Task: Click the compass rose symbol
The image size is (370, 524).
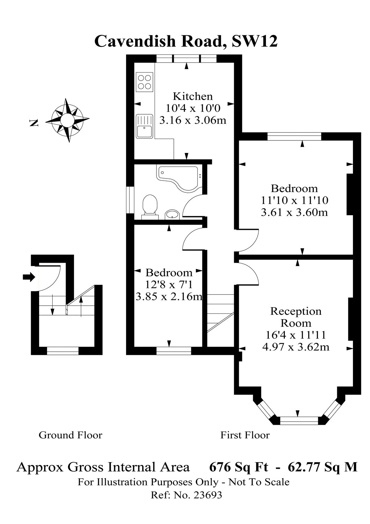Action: [67, 120]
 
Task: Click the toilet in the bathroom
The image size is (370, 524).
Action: [150, 204]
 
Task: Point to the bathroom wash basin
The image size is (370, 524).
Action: [172, 214]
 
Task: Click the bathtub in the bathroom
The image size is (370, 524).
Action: [180, 177]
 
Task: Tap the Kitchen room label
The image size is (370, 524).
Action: [193, 96]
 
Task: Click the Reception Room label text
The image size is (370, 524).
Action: [296, 316]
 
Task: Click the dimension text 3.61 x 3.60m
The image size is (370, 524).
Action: [294, 212]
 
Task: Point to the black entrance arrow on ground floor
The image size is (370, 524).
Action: [29, 277]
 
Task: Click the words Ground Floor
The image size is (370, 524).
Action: [70, 435]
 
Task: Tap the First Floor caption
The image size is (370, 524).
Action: [245, 435]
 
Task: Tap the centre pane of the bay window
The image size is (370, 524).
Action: [299, 421]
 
